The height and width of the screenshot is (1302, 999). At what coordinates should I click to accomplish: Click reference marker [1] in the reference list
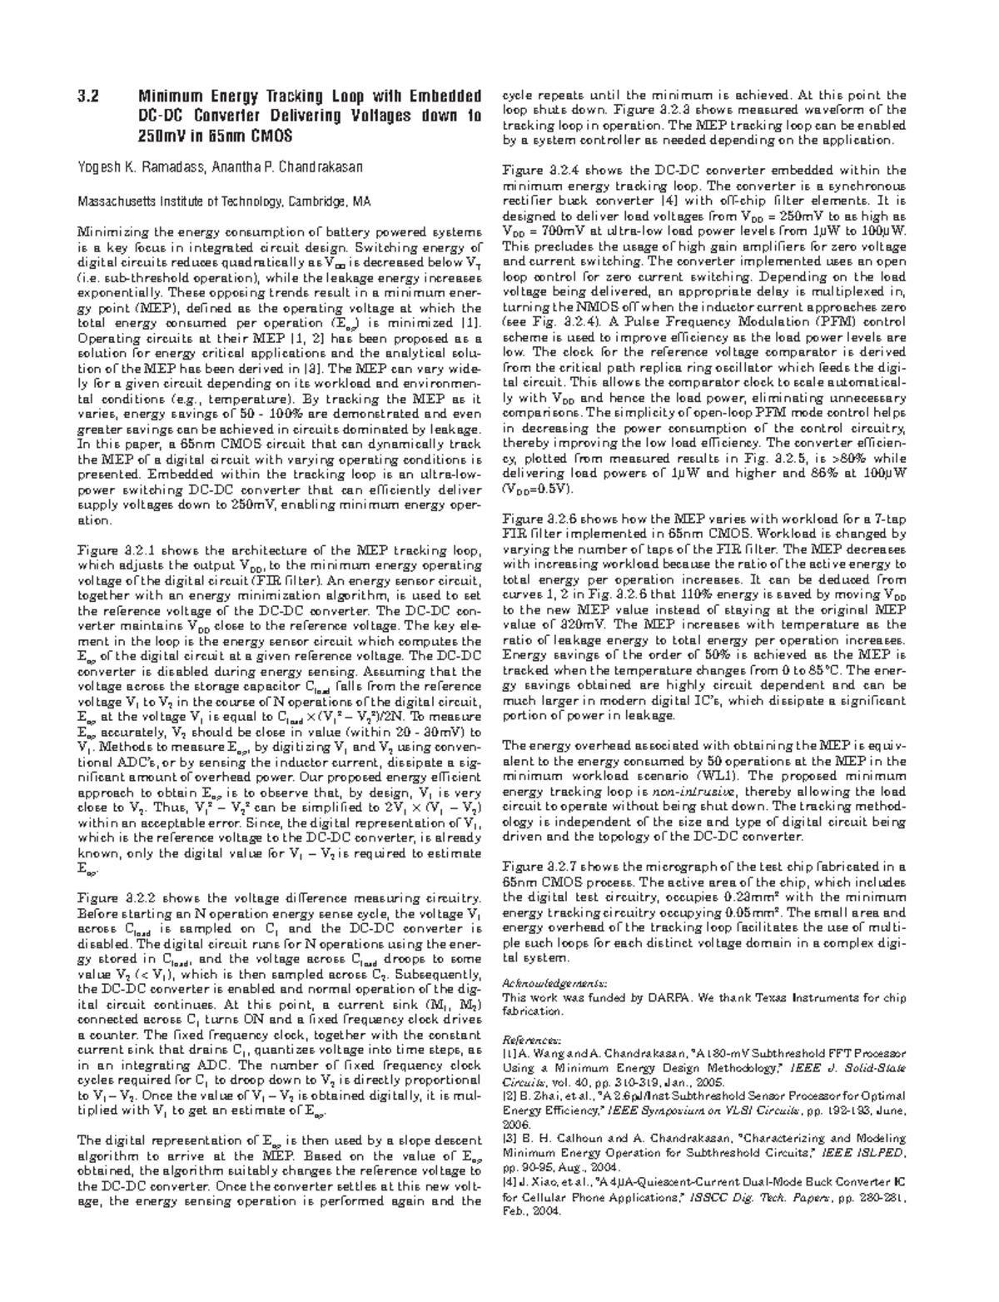pyautogui.click(x=509, y=1054)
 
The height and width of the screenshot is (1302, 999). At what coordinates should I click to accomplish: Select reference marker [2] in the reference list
pyautogui.click(x=509, y=1096)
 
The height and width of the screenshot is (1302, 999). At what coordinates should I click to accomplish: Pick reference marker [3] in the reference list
pyautogui.click(x=509, y=1139)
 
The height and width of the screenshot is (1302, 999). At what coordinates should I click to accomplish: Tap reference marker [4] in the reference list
pyautogui.click(x=509, y=1181)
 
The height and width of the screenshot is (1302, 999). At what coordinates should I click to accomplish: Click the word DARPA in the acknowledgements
pyautogui.click(x=673, y=996)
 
